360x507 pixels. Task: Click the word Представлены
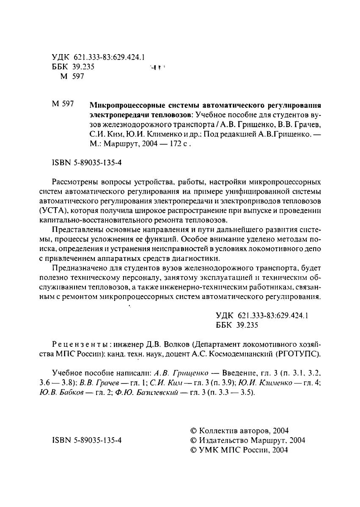pos(74,230)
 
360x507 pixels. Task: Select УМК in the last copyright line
pos(209,450)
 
